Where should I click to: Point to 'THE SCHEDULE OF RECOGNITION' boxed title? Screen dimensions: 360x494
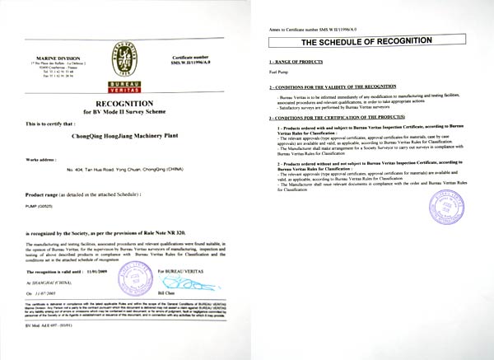[x=367, y=41]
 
